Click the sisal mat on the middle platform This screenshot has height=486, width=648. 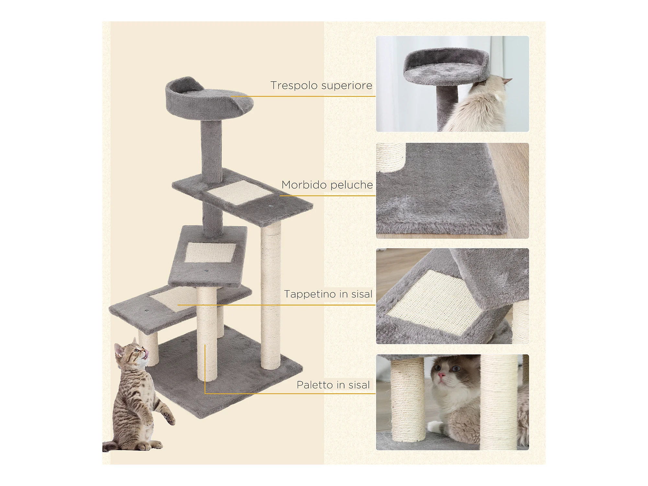210,252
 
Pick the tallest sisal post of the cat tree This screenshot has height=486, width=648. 271,296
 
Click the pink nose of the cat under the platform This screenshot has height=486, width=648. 441,375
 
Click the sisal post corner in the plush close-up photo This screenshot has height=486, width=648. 391,157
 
